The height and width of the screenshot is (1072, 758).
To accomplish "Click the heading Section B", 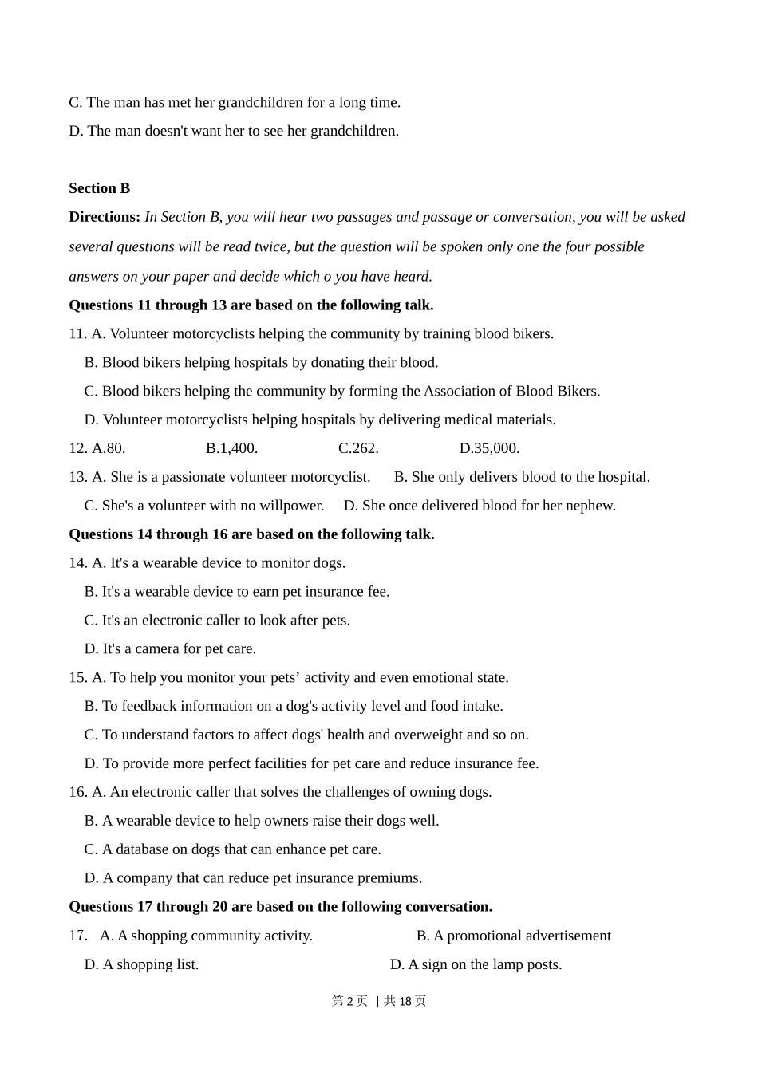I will pos(99,188).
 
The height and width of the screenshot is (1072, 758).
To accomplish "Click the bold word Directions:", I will pos(105,217).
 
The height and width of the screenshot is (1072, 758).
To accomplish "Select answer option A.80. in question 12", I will pos(109,448).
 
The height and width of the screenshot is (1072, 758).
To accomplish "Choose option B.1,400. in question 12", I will pos(231,448).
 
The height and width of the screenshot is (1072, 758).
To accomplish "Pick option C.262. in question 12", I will pos(358,448).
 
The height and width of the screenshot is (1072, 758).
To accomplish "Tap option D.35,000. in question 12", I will pos(489,448).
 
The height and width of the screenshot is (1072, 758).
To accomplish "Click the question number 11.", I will pos(77,333).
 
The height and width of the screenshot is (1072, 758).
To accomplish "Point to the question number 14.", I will pos(77,563).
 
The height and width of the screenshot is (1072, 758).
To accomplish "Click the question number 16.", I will pos(77,792).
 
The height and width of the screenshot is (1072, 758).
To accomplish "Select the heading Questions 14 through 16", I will pos(251,534).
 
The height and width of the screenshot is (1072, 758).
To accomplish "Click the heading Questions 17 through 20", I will pos(280,907).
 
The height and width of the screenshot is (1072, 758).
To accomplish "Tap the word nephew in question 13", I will pos(593,506).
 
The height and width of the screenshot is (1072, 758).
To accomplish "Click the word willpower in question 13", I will pos(292,506).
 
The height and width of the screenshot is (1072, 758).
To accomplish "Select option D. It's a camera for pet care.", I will pos(170,649).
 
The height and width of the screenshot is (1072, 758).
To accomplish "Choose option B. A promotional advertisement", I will pos(513,936).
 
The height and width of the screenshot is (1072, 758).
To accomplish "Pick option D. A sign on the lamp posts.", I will pos(476,964).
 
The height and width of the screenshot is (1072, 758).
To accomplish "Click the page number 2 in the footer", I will pos(349,1001).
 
